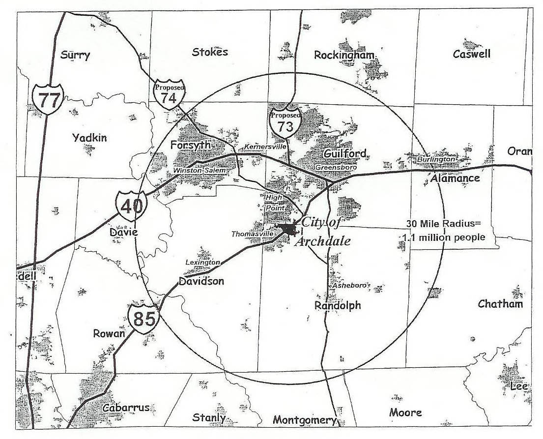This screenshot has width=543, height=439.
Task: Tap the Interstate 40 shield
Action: click(x=131, y=206)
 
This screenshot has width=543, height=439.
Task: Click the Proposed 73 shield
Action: click(x=285, y=123)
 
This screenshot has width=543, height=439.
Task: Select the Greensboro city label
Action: click(x=334, y=167)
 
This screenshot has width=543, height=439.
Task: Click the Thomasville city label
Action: click(x=252, y=234)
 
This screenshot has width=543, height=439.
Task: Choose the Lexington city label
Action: click(x=202, y=263)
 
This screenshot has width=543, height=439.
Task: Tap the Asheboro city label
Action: click(x=349, y=285)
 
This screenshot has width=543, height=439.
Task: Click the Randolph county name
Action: click(x=338, y=305)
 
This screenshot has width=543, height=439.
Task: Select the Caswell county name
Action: click(x=471, y=54)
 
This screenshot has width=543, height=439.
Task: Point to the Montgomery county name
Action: click(x=305, y=420)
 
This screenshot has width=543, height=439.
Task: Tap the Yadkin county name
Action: click(x=89, y=138)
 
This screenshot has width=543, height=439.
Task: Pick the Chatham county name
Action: click(x=500, y=304)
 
